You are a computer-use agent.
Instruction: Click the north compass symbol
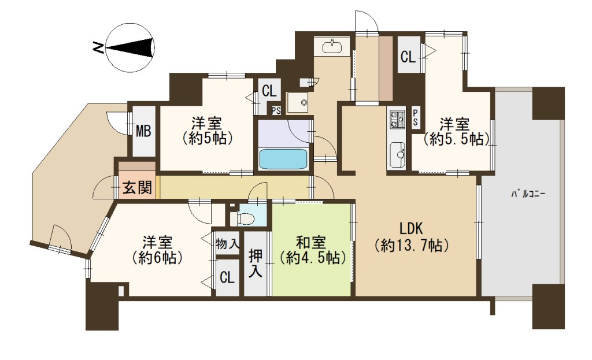tap(130, 48)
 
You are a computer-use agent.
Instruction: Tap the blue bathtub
tap(283, 159)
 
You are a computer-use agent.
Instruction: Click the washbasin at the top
tap(332, 46)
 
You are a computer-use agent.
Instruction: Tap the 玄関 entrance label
tap(138, 187)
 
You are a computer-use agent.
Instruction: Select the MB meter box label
tap(143, 131)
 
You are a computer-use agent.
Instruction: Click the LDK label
tap(411, 229)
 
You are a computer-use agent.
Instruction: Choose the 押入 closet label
tap(256, 263)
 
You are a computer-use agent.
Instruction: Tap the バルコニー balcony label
tap(528, 194)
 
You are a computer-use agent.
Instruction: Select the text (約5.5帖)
tap(456, 139)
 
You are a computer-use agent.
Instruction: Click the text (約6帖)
tap(157, 258)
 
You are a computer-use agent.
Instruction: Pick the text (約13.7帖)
tap(411, 246)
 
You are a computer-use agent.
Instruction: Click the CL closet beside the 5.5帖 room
tap(408, 57)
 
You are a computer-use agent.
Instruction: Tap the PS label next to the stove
tap(415, 118)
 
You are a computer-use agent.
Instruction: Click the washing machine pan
tap(298, 102)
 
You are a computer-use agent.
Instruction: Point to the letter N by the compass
tap(98, 47)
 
